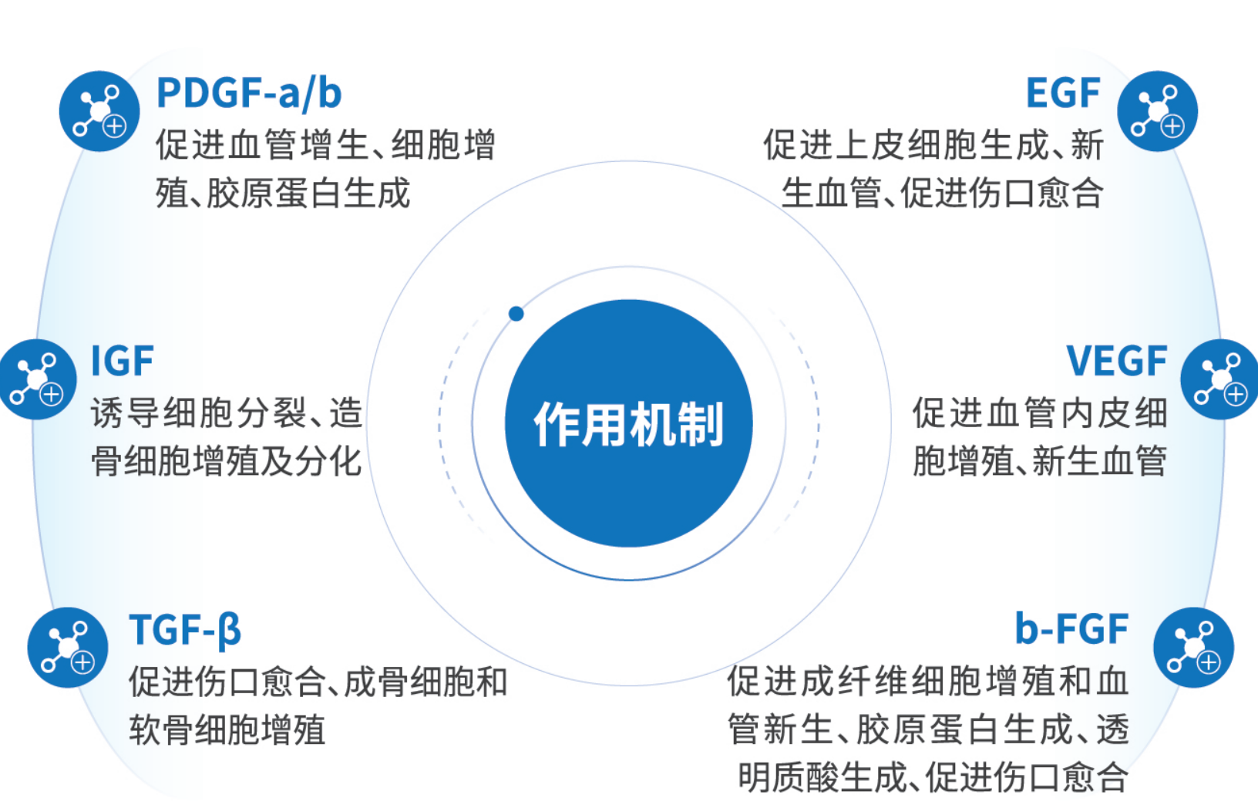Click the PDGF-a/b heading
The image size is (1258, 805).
[x=249, y=93]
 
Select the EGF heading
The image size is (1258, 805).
[x=1062, y=93]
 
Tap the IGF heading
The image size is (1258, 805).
[x=123, y=361]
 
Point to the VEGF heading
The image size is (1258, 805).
[x=1116, y=361]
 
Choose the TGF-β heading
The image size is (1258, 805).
[x=185, y=630]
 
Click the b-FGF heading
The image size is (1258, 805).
[x=1071, y=629]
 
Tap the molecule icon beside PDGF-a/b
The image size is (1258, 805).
[x=99, y=111]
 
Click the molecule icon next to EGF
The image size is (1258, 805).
[x=1158, y=111]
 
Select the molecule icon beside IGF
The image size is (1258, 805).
[x=36, y=379]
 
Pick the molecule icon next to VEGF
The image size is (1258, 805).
[x=1219, y=379]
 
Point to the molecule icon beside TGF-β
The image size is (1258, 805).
[x=68, y=648]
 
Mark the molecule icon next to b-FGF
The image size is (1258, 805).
[x=1194, y=648]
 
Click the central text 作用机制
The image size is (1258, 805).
[x=628, y=424]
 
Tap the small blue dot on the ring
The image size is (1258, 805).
[x=516, y=314]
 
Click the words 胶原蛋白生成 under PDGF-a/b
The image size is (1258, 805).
[x=309, y=193]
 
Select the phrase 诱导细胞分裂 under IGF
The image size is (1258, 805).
[x=197, y=413]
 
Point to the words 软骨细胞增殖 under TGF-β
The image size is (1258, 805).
[x=227, y=729]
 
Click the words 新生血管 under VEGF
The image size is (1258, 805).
[x=1100, y=461]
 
